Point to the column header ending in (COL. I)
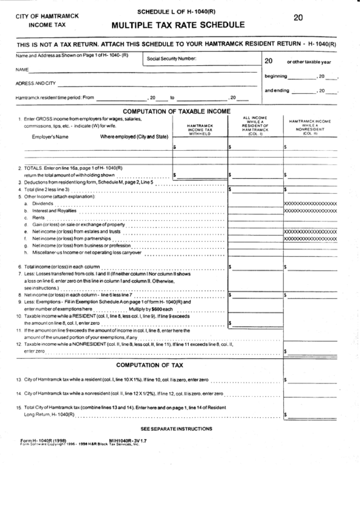[x=255, y=126]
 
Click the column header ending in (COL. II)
[x=310, y=126]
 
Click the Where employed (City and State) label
[x=134, y=137]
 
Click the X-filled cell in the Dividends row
[x=310, y=203]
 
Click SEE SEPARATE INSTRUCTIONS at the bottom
[x=176, y=429]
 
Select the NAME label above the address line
[x=22, y=69]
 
